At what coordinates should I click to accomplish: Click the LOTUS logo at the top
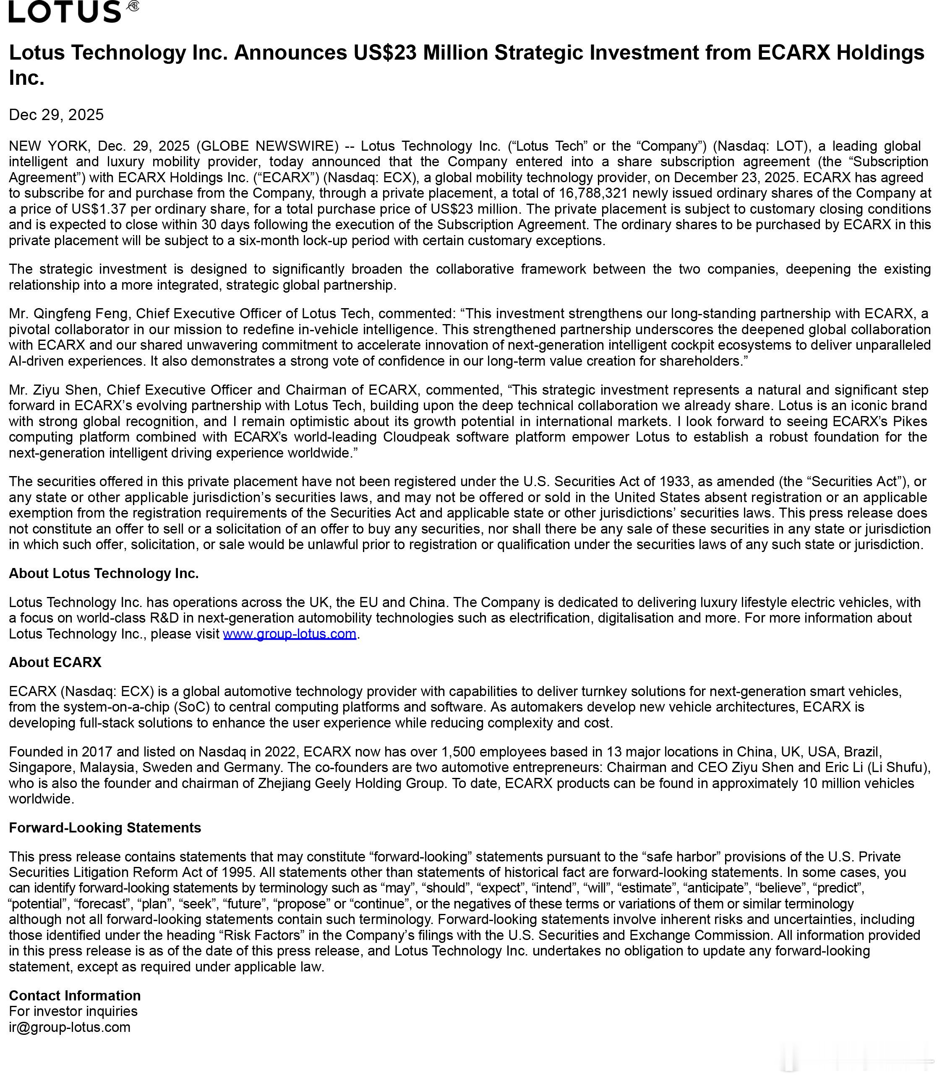66,12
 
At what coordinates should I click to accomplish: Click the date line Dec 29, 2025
56,115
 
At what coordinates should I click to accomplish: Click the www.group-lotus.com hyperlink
290,633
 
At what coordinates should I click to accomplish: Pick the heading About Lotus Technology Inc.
104,573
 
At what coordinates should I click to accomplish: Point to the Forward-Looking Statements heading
104,827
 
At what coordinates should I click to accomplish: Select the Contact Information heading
75,995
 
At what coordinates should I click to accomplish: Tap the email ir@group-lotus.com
69,1027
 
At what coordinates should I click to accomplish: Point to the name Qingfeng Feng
82,314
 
